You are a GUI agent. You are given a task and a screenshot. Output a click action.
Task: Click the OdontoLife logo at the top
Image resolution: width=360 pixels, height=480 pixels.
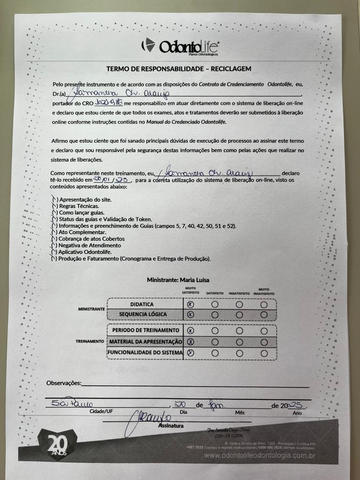(180, 46)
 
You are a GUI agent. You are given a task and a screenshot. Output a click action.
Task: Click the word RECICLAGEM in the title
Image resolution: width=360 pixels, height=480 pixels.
(231, 69)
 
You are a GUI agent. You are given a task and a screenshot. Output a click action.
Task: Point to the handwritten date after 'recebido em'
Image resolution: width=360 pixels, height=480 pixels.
(112, 180)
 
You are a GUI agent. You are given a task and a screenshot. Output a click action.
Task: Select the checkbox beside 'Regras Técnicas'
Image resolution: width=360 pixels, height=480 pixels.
(55, 206)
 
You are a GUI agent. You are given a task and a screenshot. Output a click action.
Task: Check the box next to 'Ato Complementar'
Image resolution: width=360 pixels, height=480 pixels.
(54, 232)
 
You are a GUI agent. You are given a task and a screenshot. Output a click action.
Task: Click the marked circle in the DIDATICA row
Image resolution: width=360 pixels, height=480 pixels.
(190, 304)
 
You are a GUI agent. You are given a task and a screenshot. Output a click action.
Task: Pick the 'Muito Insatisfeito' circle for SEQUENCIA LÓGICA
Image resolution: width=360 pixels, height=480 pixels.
(264, 315)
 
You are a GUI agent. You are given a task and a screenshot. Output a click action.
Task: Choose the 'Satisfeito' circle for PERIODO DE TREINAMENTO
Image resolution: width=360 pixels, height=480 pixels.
(215, 331)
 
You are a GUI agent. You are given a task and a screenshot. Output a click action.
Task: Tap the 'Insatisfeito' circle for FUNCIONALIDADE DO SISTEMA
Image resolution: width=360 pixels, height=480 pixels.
(239, 353)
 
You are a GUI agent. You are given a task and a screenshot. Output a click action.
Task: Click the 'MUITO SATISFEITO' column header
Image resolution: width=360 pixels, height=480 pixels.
(190, 290)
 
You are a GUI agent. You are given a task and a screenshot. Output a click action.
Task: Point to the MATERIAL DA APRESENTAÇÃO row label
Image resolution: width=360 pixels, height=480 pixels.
(145, 342)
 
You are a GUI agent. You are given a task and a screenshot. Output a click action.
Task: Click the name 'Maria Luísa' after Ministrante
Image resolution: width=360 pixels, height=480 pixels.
(194, 280)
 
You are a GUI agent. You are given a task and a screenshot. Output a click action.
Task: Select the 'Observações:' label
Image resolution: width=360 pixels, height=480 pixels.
(64, 383)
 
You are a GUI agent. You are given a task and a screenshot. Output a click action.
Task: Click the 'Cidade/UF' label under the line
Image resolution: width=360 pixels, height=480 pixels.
(101, 411)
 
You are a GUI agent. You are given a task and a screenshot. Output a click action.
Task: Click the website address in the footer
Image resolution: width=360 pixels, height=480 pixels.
(259, 456)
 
